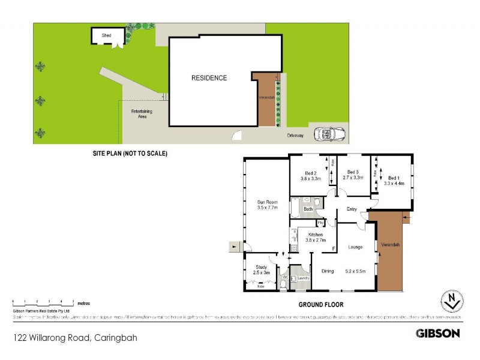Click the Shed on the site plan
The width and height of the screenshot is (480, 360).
coord(107,36)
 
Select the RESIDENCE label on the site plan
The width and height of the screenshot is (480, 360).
coord(209,78)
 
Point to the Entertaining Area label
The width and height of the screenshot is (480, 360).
coord(142,114)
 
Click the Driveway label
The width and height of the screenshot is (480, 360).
coord(295,136)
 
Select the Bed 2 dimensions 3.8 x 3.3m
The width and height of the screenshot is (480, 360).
coord(312,178)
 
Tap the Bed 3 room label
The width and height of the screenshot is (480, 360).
coord(352,172)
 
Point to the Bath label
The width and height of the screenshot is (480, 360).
coord(308,209)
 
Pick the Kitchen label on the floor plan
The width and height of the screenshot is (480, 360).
coord(316,234)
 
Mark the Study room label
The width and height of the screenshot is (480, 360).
coord(261,268)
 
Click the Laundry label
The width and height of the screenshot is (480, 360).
coord(303,278)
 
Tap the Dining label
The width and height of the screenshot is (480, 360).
coord(327,271)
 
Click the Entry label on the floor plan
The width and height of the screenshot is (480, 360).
coord(352,209)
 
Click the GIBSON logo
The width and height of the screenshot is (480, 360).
coord(437,333)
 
